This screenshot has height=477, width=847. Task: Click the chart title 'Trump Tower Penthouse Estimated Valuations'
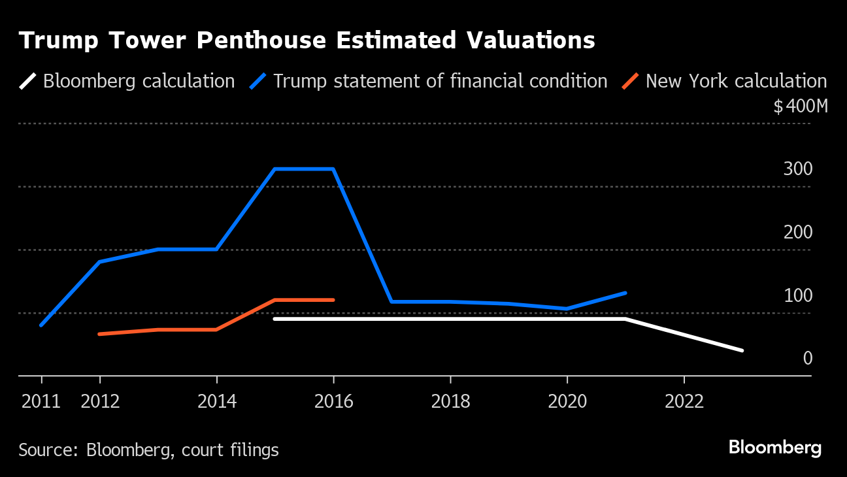(307, 41)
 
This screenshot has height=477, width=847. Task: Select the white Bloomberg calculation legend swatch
(27, 81)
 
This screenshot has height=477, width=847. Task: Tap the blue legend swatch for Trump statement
(258, 81)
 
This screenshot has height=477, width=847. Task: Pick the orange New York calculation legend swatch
(631, 81)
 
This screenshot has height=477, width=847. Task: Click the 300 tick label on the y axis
(798, 169)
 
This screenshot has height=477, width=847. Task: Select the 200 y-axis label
(798, 233)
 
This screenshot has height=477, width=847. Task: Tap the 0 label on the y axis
(808, 359)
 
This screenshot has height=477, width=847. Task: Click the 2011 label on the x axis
(41, 401)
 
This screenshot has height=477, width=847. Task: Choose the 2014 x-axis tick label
(217, 401)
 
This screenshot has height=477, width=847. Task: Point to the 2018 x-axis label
(450, 401)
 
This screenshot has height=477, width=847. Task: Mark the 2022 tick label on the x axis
(684, 401)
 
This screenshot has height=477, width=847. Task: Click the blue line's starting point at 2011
(41, 325)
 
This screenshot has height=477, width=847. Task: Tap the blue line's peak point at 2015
(275, 169)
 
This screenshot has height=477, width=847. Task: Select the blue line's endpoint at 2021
(625, 293)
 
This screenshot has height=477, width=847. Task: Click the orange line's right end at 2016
(333, 300)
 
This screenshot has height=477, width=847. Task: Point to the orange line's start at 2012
(99, 334)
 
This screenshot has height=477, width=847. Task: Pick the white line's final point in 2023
(742, 350)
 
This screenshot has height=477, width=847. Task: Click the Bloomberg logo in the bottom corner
(775, 448)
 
